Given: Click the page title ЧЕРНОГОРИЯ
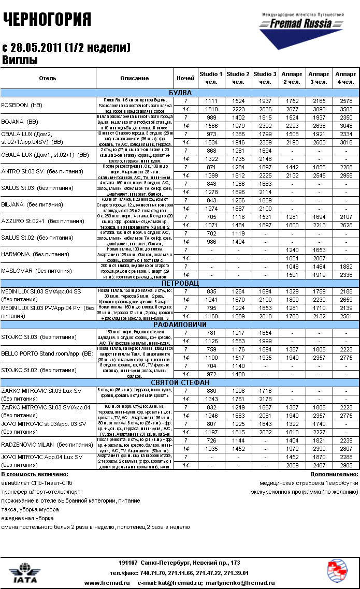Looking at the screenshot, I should click(47, 20).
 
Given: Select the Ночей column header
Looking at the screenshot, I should click(185, 78).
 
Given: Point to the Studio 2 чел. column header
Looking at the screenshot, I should click(238, 78).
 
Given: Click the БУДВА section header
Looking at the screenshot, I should click(180, 93).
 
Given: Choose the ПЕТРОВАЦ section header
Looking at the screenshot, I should click(180, 284).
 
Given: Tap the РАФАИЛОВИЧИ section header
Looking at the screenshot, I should click(180, 324).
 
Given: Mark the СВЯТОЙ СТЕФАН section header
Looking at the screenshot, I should click(180, 382).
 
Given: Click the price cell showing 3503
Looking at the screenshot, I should click(345, 109).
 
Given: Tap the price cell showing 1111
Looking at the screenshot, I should click(211, 101).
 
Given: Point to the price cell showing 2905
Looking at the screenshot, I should click(345, 466).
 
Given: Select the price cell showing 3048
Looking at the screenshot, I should click(345, 126).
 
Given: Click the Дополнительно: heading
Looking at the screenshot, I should click(334, 474).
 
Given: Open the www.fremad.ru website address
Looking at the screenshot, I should click(107, 583).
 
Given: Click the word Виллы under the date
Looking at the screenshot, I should click(20, 60).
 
